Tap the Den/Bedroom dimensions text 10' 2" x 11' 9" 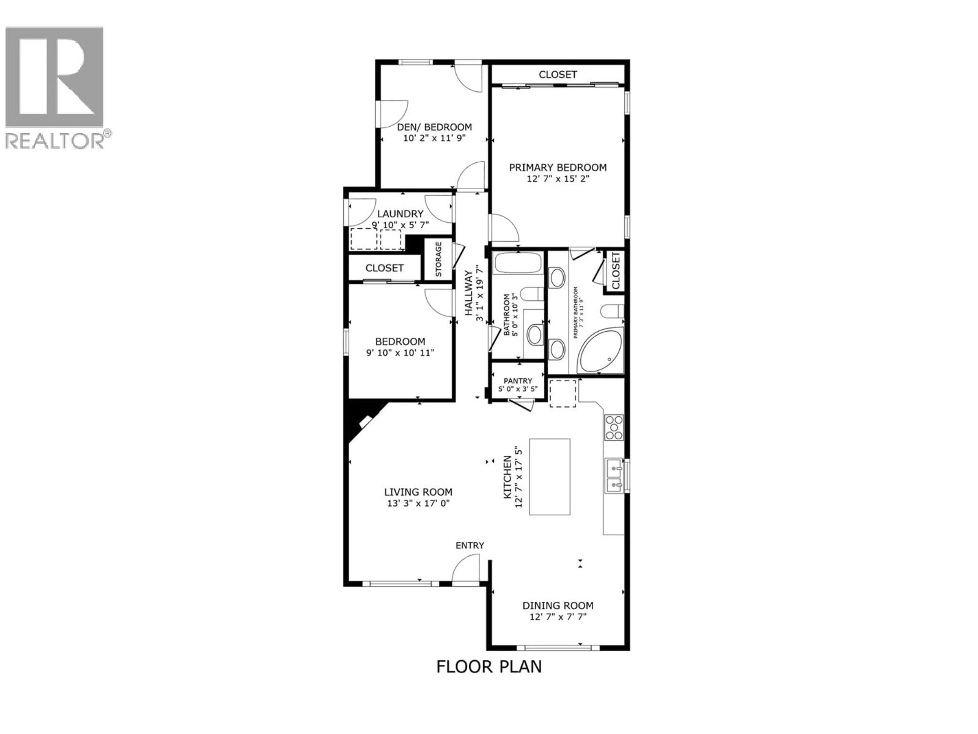tap(434, 138)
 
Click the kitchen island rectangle tap(550, 477)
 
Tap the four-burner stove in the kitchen tap(614, 427)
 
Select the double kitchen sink tap(614, 475)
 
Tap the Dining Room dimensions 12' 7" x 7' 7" tap(558, 617)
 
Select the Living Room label tap(418, 492)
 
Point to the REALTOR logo tap(55, 86)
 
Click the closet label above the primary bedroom tap(558, 75)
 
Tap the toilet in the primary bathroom tap(612, 311)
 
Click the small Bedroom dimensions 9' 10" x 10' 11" tap(400, 353)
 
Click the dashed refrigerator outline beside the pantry tap(562, 393)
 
